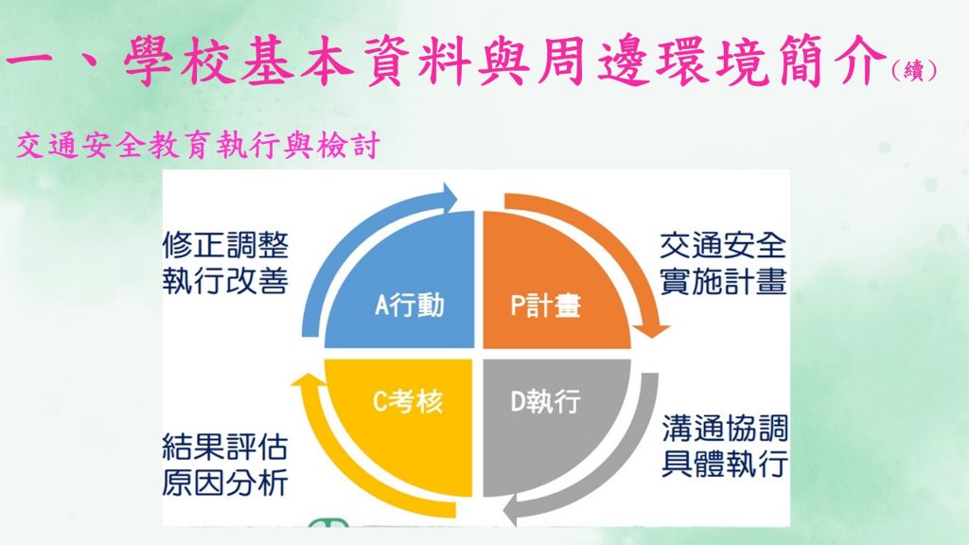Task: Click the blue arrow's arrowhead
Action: [x=448, y=198]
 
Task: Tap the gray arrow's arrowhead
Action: [x=512, y=512]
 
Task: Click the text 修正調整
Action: [x=225, y=246]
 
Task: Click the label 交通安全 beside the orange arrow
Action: [x=723, y=246]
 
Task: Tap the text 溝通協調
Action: [x=725, y=429]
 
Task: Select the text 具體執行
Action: [x=725, y=464]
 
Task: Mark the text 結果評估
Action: [x=225, y=447]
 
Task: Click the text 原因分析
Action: [x=225, y=483]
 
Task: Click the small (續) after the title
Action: [x=914, y=70]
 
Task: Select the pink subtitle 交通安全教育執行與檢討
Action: [x=197, y=147]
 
